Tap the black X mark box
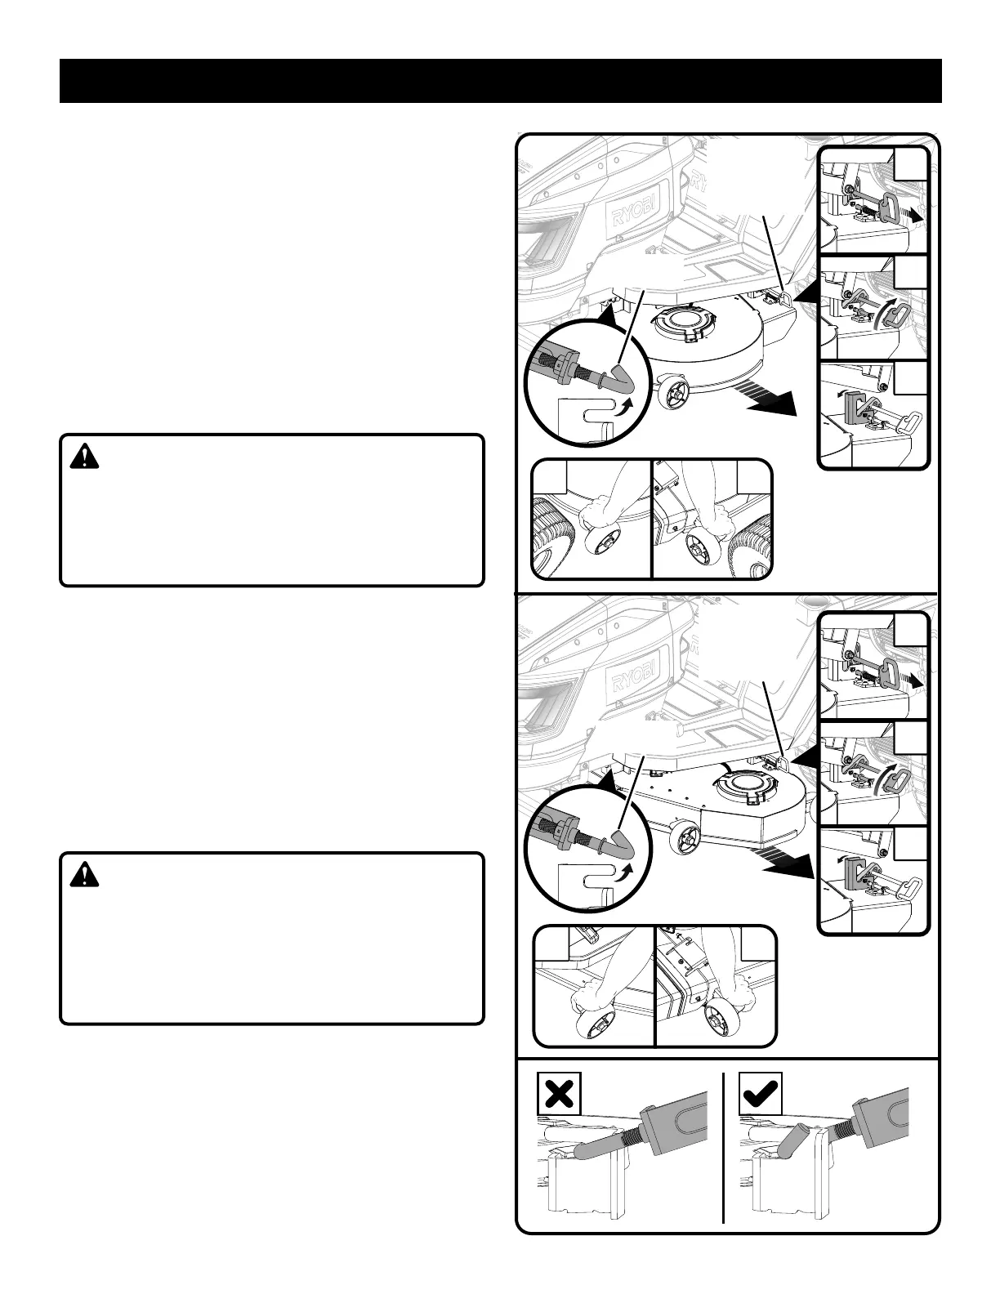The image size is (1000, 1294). point(559,1093)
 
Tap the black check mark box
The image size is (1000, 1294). point(760,1093)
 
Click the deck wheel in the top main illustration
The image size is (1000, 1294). point(672,395)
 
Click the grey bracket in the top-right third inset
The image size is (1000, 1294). point(855,406)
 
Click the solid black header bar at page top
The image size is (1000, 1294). point(500,81)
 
